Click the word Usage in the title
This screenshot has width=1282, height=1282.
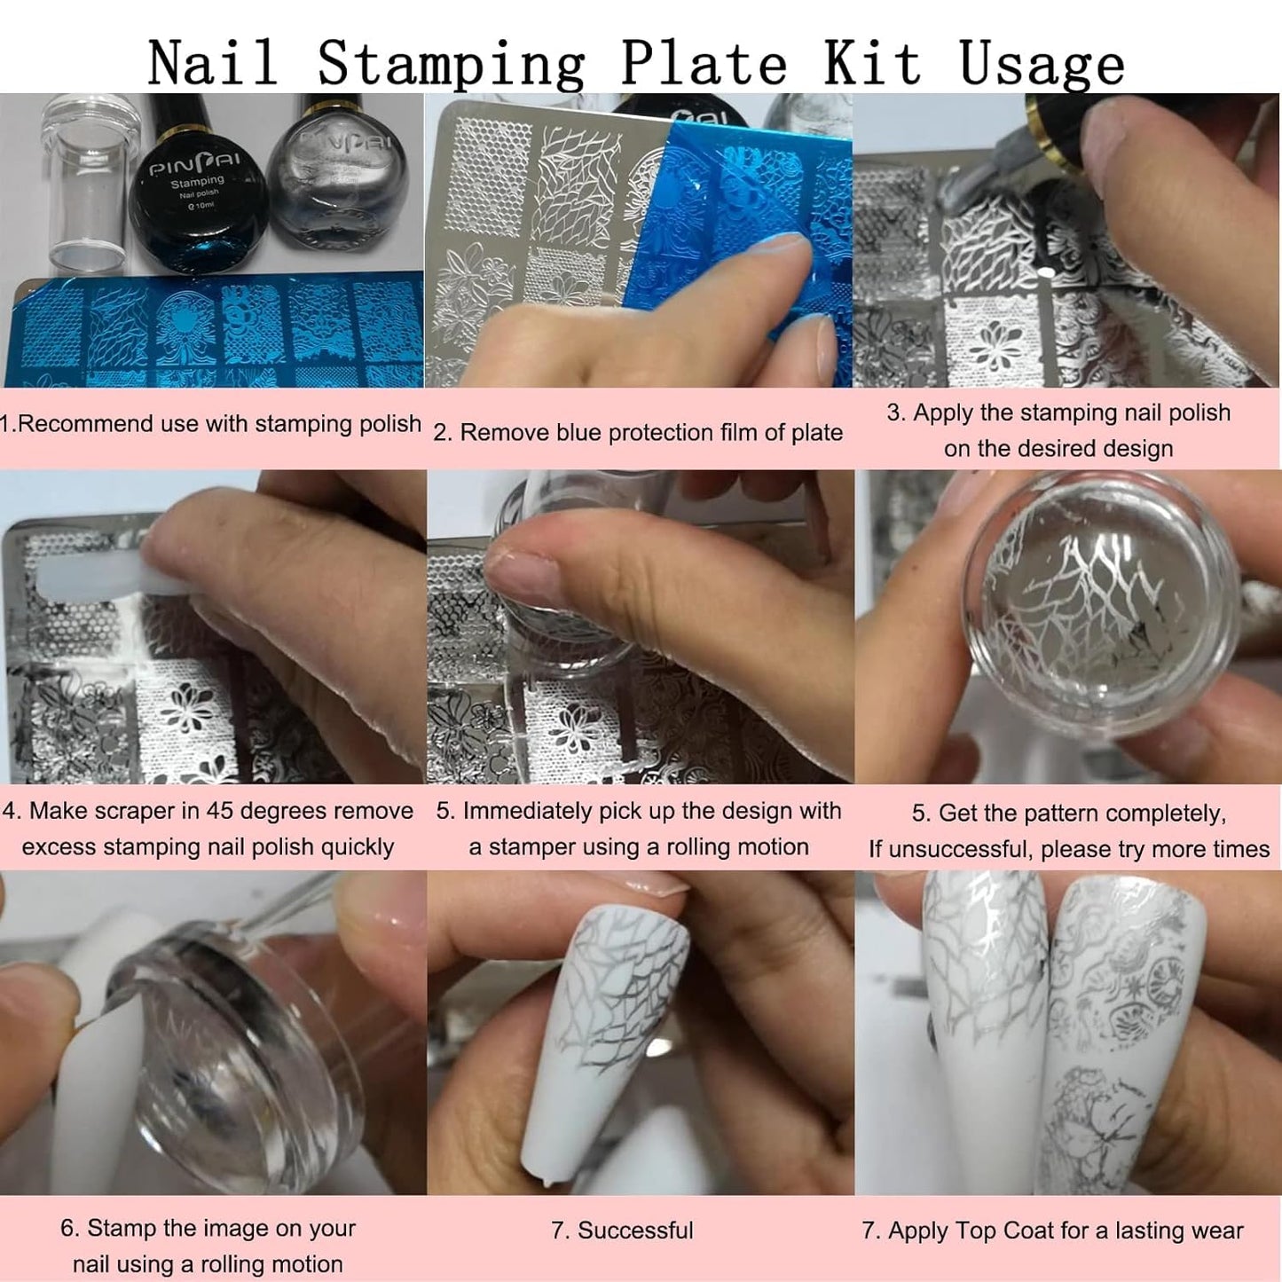[1042, 64]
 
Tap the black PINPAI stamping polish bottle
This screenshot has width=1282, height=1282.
[199, 191]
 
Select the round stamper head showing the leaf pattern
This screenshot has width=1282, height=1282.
[1100, 612]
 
